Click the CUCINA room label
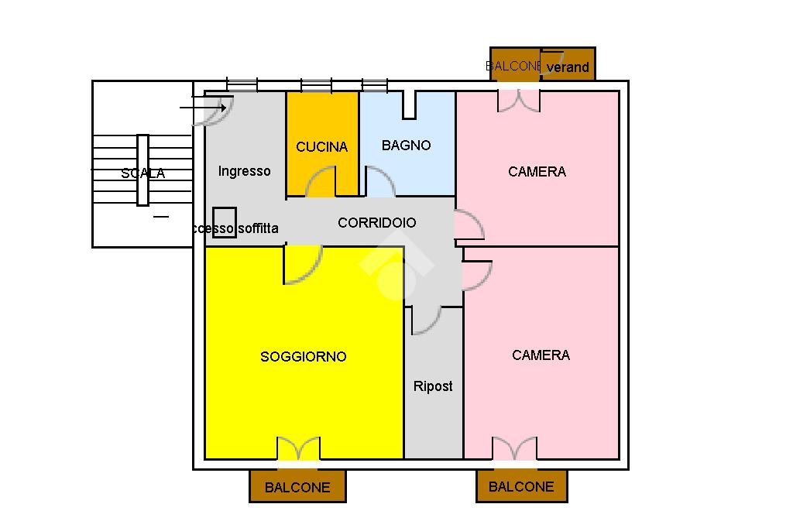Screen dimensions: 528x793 click(x=322, y=147)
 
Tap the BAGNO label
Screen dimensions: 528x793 click(x=406, y=146)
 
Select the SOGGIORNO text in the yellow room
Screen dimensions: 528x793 click(x=303, y=357)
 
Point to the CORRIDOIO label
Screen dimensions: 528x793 click(x=376, y=223)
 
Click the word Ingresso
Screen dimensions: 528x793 click(x=244, y=171)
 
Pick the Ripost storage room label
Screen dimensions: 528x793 click(x=433, y=386)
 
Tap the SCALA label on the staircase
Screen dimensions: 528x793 click(x=143, y=174)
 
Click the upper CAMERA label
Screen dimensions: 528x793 click(x=537, y=172)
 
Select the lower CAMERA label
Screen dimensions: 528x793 click(x=541, y=355)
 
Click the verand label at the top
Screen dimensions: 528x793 click(x=568, y=67)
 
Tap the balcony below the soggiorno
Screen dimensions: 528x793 click(x=297, y=487)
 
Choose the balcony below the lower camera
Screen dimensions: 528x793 click(x=521, y=487)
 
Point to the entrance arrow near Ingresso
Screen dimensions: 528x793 click(x=203, y=108)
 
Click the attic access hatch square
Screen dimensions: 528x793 click(x=225, y=222)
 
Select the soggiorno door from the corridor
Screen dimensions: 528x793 click(x=304, y=265)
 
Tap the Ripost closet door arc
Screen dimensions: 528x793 click(x=426, y=320)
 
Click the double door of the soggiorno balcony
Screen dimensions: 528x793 click(x=298, y=449)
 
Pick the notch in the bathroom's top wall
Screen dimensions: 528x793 click(x=409, y=105)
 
